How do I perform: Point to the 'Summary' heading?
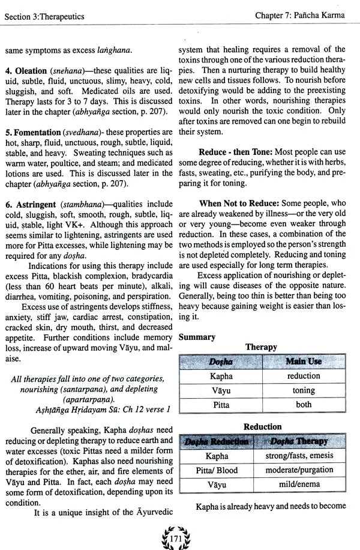197,337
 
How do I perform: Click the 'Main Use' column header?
304,361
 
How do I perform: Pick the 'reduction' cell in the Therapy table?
304,376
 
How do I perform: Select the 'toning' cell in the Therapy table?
304,390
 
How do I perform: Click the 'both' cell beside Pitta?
304,405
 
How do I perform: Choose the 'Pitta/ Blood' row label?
218,470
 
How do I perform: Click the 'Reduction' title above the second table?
262,427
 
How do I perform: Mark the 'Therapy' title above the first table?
261,347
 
